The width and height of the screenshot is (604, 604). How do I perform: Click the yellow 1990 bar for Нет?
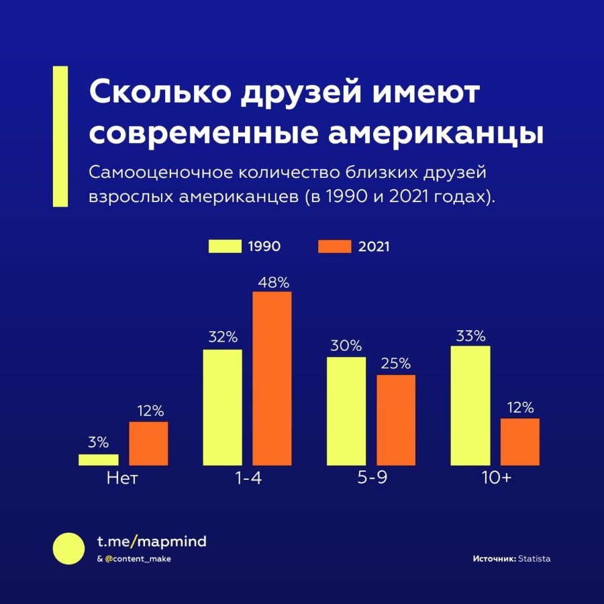(99, 460)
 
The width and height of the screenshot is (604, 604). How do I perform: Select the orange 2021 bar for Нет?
(148, 444)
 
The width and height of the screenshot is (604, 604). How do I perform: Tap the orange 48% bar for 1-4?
(272, 379)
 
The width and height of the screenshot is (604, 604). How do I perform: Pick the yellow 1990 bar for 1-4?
(223, 407)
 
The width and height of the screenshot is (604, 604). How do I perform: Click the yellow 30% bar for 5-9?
(346, 411)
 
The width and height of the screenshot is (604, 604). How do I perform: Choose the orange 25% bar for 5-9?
(396, 420)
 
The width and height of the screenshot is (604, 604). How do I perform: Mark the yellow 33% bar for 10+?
(470, 405)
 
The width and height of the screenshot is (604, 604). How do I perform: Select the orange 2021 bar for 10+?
(520, 442)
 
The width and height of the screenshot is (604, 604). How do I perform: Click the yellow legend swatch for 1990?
(225, 246)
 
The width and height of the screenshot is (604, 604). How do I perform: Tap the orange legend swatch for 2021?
(335, 246)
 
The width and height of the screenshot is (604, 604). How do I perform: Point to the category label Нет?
(122, 479)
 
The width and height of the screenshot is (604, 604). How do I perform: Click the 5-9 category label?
(372, 479)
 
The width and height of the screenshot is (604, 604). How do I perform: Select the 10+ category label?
(497, 479)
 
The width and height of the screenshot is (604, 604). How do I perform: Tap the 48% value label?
(274, 283)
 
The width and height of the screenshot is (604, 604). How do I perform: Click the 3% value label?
(98, 442)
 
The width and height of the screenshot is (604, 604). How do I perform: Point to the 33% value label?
(470, 336)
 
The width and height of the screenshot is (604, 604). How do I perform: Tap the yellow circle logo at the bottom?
(68, 548)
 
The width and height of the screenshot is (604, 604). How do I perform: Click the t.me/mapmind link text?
(152, 542)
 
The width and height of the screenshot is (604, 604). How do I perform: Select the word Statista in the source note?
(534, 558)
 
